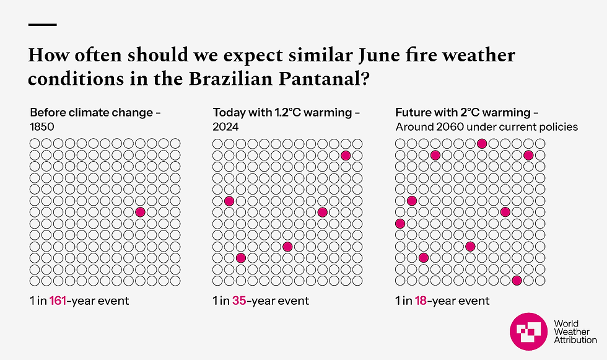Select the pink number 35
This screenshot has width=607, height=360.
tap(239, 301)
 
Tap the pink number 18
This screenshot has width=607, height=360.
tap(422, 301)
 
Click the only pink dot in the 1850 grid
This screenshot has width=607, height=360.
tap(140, 212)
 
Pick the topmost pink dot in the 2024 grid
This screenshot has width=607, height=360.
tap(346, 156)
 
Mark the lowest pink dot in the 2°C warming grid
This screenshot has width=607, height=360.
tap(517, 280)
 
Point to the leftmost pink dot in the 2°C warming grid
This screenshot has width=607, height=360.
tap(400, 223)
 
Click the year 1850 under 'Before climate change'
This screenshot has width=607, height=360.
tap(42, 127)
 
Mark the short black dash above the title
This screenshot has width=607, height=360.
tap(43, 25)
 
